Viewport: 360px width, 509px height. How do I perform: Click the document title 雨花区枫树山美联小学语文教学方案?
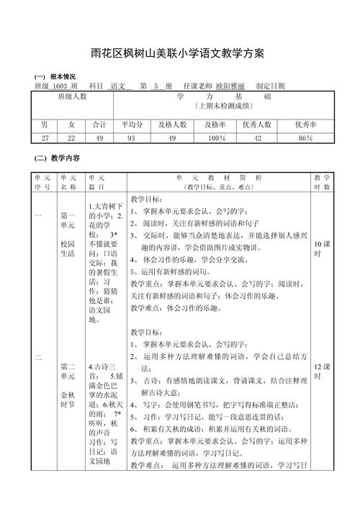tap(179, 53)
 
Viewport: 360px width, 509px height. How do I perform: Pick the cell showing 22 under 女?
tap(71, 138)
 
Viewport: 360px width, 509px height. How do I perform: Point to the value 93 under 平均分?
tap(131, 138)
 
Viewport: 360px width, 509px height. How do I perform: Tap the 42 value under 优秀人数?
tap(258, 138)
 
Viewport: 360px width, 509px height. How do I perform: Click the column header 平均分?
tap(132, 124)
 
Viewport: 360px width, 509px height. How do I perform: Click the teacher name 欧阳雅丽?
tap(229, 86)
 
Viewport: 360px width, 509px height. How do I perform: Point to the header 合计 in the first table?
tap(100, 124)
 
